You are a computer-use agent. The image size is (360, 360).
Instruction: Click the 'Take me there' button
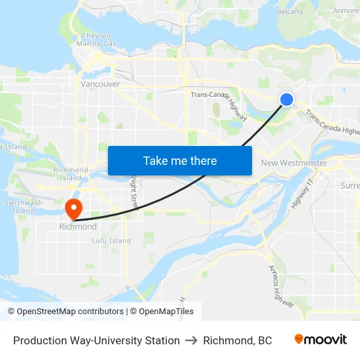(x=180, y=160)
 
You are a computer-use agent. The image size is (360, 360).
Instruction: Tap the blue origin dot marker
(x=287, y=99)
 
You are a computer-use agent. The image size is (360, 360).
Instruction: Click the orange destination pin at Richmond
(x=73, y=207)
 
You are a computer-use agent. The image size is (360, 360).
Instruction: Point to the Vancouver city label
(x=99, y=84)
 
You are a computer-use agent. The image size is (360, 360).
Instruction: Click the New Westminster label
(x=294, y=162)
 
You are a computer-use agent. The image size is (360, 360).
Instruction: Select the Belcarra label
(x=290, y=11)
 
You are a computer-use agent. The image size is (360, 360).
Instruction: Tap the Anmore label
(x=346, y=11)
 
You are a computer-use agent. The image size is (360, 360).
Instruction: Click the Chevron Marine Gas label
(x=98, y=39)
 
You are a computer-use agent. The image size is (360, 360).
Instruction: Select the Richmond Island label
(x=71, y=174)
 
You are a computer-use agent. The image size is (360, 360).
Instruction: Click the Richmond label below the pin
(x=78, y=227)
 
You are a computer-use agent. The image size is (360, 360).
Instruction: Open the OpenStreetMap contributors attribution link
(x=70, y=312)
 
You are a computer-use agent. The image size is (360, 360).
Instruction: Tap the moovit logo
(x=321, y=340)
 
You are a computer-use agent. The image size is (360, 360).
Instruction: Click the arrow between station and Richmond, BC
(x=192, y=340)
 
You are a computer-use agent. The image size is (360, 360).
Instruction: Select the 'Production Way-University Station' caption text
(x=96, y=340)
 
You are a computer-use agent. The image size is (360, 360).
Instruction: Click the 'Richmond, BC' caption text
(x=238, y=340)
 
